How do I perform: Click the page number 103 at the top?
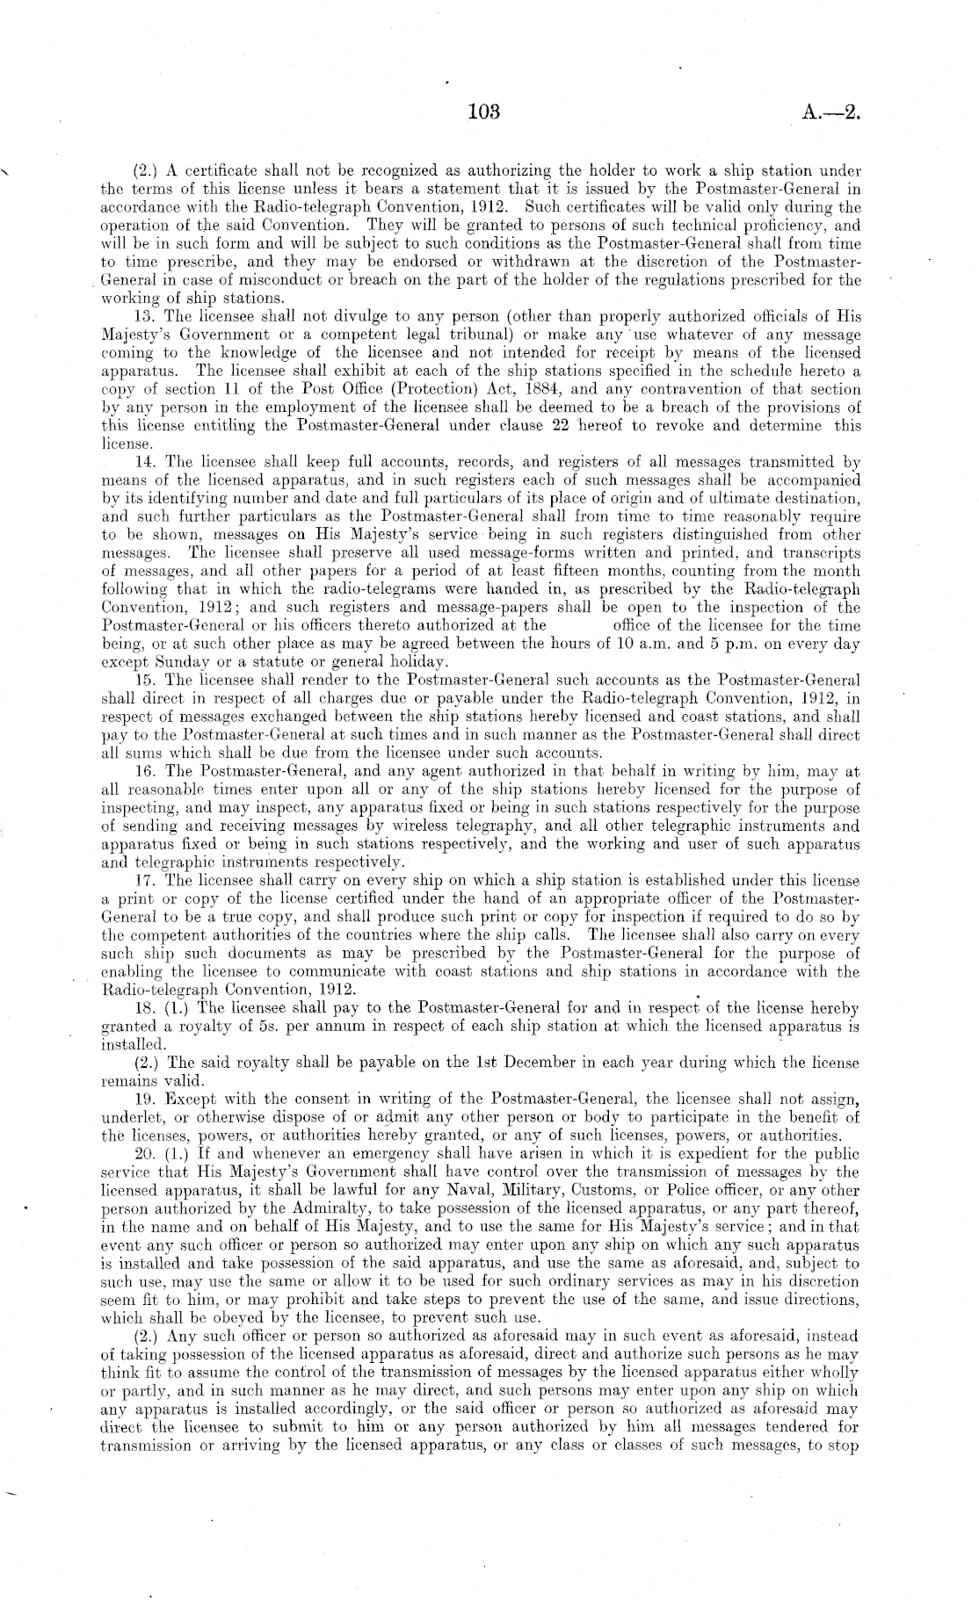click(483, 112)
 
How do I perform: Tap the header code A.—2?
click(830, 112)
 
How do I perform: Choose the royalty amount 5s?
click(257, 1025)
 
